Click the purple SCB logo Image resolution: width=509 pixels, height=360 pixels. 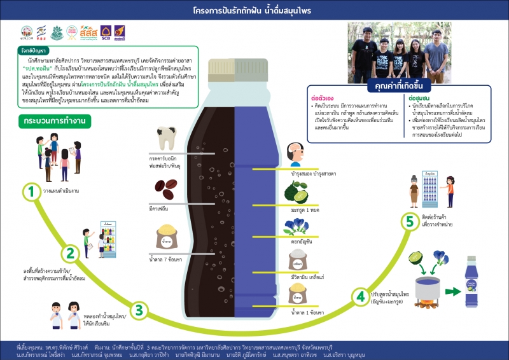click(106, 32)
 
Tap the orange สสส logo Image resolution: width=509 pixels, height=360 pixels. click(89, 31)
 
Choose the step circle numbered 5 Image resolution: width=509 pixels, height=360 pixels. click(410, 222)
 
